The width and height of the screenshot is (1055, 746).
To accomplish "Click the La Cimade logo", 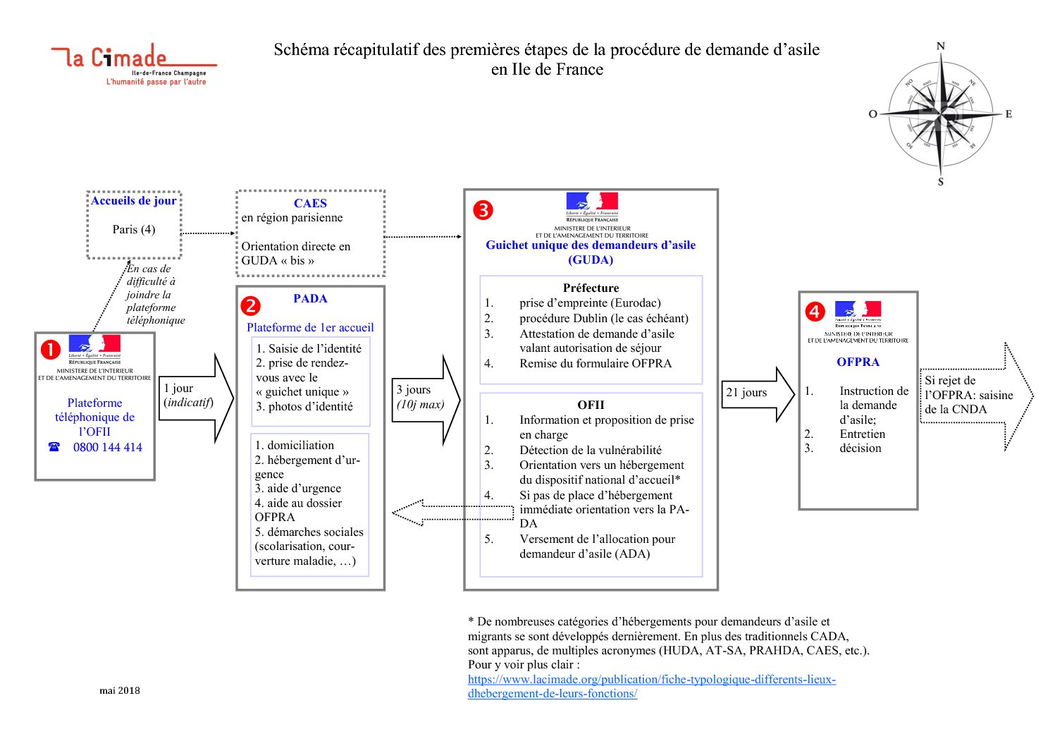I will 134,63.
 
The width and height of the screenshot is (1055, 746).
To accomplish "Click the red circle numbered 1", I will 51,349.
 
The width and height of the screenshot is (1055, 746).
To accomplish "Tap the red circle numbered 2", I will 250,305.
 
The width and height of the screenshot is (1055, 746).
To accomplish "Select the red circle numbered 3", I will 483,210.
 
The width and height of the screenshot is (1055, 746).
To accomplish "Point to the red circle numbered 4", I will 815,312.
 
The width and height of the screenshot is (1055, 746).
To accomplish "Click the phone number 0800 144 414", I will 107,447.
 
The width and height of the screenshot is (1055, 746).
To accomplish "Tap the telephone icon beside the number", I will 54,447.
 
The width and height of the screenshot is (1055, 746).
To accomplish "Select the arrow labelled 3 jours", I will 426,399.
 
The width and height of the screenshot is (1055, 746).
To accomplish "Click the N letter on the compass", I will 940,47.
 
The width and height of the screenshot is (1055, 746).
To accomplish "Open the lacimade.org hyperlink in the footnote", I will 651,686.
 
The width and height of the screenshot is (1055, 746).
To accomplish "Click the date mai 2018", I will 120,690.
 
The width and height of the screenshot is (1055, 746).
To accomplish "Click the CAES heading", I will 310,203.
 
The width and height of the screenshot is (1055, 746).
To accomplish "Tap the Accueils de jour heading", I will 134,200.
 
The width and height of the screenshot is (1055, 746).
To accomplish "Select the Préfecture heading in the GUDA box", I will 591,288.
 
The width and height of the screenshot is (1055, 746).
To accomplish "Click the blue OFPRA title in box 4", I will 858,362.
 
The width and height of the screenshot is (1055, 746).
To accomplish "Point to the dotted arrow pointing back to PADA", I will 451,513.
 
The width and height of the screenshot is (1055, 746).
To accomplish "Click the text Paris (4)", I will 134,229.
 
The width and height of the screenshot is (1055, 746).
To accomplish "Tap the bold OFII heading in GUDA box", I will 591,405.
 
